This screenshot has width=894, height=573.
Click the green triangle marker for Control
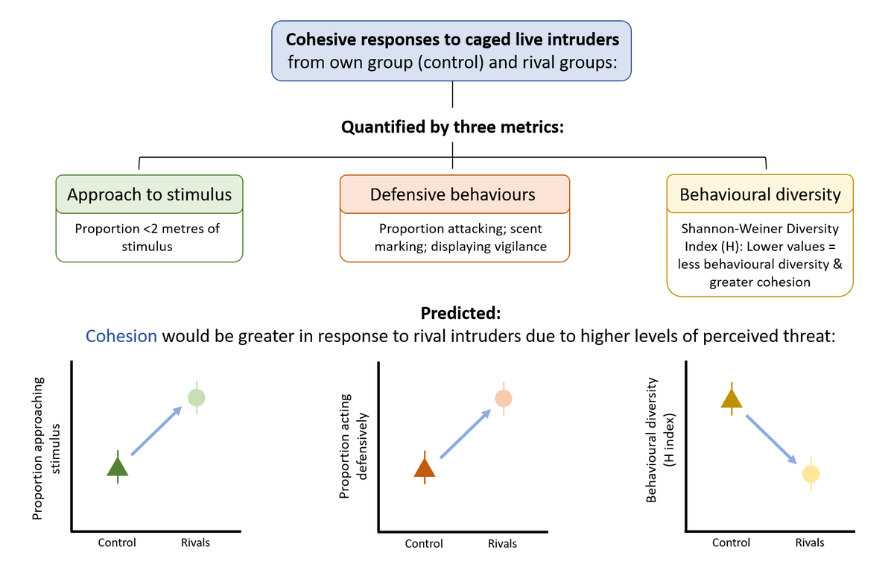point(118,467)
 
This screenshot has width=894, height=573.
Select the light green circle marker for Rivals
point(197,397)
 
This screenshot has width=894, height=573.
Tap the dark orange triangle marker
point(425,468)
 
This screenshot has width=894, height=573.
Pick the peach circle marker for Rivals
point(503,398)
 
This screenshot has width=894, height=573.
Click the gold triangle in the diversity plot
point(732,399)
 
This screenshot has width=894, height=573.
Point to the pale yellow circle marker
point(811,474)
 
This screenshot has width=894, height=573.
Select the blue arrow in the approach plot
point(157,431)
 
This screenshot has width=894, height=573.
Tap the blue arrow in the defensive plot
point(465,433)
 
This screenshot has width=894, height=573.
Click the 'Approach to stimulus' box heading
point(150,194)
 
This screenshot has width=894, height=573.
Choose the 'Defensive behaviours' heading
point(453,194)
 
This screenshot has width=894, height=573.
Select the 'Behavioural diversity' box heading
point(760,194)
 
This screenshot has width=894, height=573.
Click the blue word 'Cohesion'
point(121,336)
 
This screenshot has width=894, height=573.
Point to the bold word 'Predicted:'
point(453,313)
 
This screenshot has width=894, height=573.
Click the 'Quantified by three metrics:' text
point(453,127)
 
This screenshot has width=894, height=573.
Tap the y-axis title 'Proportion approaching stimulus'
point(45,447)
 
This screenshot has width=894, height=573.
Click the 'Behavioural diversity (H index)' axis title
point(658,440)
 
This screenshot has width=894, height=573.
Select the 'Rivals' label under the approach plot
point(195,542)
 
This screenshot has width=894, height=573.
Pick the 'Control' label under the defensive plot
point(424,544)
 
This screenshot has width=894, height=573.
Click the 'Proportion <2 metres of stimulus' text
point(148,237)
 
